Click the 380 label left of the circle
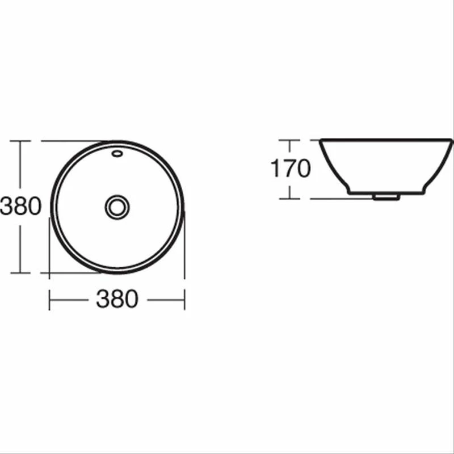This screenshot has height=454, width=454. [x=21, y=207]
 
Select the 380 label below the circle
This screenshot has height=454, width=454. [x=117, y=299]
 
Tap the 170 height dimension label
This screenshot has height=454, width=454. [x=291, y=169]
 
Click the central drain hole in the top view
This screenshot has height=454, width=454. [x=117, y=207]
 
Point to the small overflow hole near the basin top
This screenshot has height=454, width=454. [x=117, y=152]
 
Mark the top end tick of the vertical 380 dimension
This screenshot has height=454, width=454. [x=20, y=141]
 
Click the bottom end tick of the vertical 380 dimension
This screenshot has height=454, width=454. [x=20, y=272]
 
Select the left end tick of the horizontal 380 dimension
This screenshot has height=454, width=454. [x=49, y=299]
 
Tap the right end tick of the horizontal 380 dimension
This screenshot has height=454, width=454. [x=184, y=299]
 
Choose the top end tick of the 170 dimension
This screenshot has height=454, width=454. [x=289, y=140]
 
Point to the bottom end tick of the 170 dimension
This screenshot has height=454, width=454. [x=289, y=199]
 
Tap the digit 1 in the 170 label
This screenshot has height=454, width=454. [x=276, y=169]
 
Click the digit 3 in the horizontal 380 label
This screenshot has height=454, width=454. [x=103, y=299]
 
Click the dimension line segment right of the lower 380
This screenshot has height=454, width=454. [x=166, y=299]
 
